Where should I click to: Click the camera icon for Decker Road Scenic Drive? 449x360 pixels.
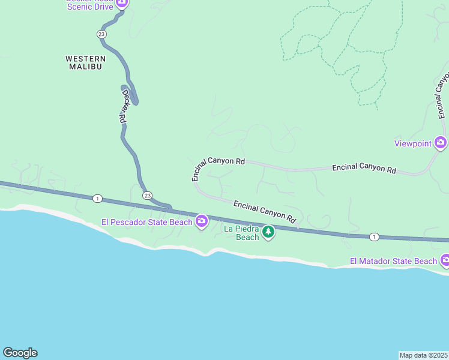(x=122, y=2)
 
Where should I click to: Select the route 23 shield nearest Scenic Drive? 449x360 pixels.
(x=101, y=34)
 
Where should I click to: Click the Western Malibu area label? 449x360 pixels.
(x=85, y=62)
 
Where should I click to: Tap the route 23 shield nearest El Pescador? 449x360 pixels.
(x=148, y=196)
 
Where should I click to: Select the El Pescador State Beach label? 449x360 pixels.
(x=147, y=222)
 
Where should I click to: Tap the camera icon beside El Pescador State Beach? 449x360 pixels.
(x=202, y=221)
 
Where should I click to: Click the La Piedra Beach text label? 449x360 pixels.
(x=241, y=233)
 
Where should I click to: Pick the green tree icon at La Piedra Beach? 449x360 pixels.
(x=268, y=231)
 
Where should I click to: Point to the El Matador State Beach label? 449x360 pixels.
(x=394, y=261)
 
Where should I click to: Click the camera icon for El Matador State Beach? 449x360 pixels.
(x=445, y=260)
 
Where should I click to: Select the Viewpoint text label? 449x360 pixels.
(x=412, y=143)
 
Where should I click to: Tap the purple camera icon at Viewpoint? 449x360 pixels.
(x=441, y=143)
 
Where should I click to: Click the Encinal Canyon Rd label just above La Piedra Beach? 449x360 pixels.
(x=265, y=212)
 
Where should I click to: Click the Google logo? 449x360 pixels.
(x=20, y=353)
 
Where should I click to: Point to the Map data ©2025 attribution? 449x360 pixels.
(x=423, y=355)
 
